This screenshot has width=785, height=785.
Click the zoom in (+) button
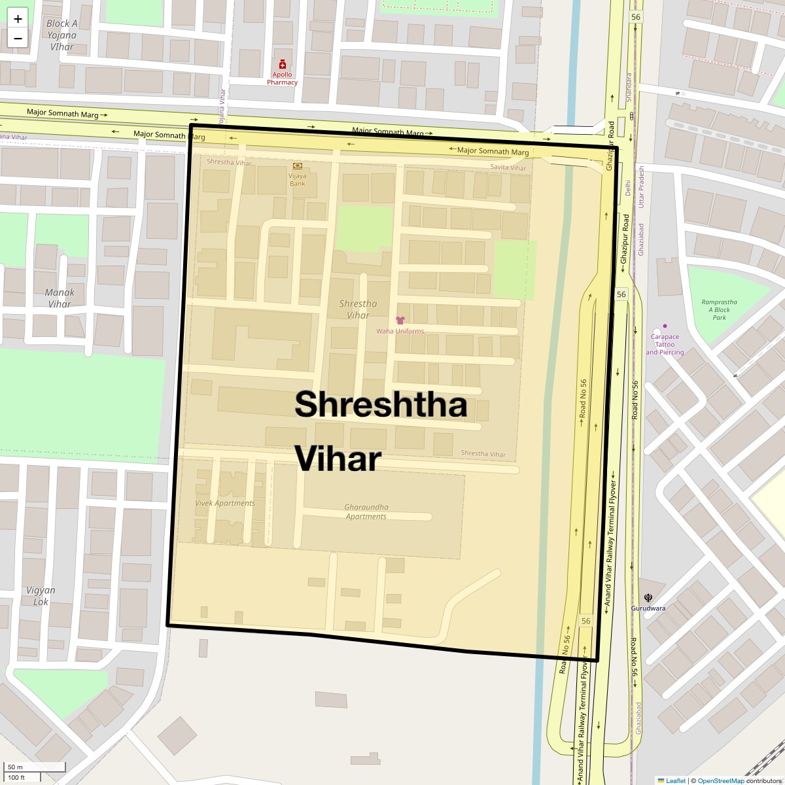coord(18,19)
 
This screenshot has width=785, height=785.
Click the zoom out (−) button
coord(18,39)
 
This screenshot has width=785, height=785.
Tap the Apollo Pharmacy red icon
coord(283,65)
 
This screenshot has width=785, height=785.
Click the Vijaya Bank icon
coord(298,166)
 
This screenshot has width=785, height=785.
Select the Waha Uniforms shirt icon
coord(400,321)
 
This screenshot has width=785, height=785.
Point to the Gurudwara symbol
coord(648,597)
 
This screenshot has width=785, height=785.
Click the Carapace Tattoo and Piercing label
coord(665,344)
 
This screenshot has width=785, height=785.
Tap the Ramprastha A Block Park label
coord(719,309)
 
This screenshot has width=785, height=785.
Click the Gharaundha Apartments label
coord(366,512)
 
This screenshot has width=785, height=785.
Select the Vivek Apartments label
coord(225,503)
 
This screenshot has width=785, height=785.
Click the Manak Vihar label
coord(60,298)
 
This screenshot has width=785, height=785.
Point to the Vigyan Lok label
coord(41,596)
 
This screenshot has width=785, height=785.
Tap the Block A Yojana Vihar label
coord(62,35)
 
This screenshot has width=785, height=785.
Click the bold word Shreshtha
coord(381,404)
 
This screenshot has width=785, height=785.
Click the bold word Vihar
coord(338,459)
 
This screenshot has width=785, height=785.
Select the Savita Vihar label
coord(508,167)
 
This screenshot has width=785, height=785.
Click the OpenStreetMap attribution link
coord(721,780)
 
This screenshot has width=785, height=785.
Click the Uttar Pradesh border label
coord(642,186)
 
